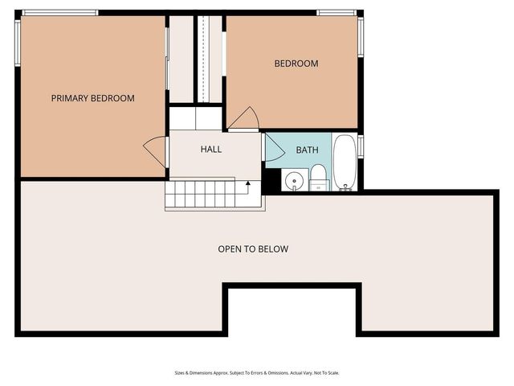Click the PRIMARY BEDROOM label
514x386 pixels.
pos(92,98)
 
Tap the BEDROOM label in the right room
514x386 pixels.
pos(296,64)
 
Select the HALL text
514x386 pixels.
pos(211,149)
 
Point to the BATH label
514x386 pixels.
pos(307,150)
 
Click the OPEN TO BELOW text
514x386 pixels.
pos(253,249)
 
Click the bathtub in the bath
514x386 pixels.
pos(345,162)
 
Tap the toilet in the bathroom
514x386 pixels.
pos(318,177)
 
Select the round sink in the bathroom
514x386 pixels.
pos(295,180)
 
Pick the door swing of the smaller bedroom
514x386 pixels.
pos(244,119)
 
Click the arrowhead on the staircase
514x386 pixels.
pos(248,184)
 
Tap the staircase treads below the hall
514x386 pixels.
pos(205,195)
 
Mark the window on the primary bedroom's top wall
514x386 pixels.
pos(60,13)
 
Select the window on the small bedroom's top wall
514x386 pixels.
pos(337,13)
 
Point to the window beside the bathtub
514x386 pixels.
pos(361,146)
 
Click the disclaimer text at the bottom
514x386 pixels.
pos(257,373)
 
